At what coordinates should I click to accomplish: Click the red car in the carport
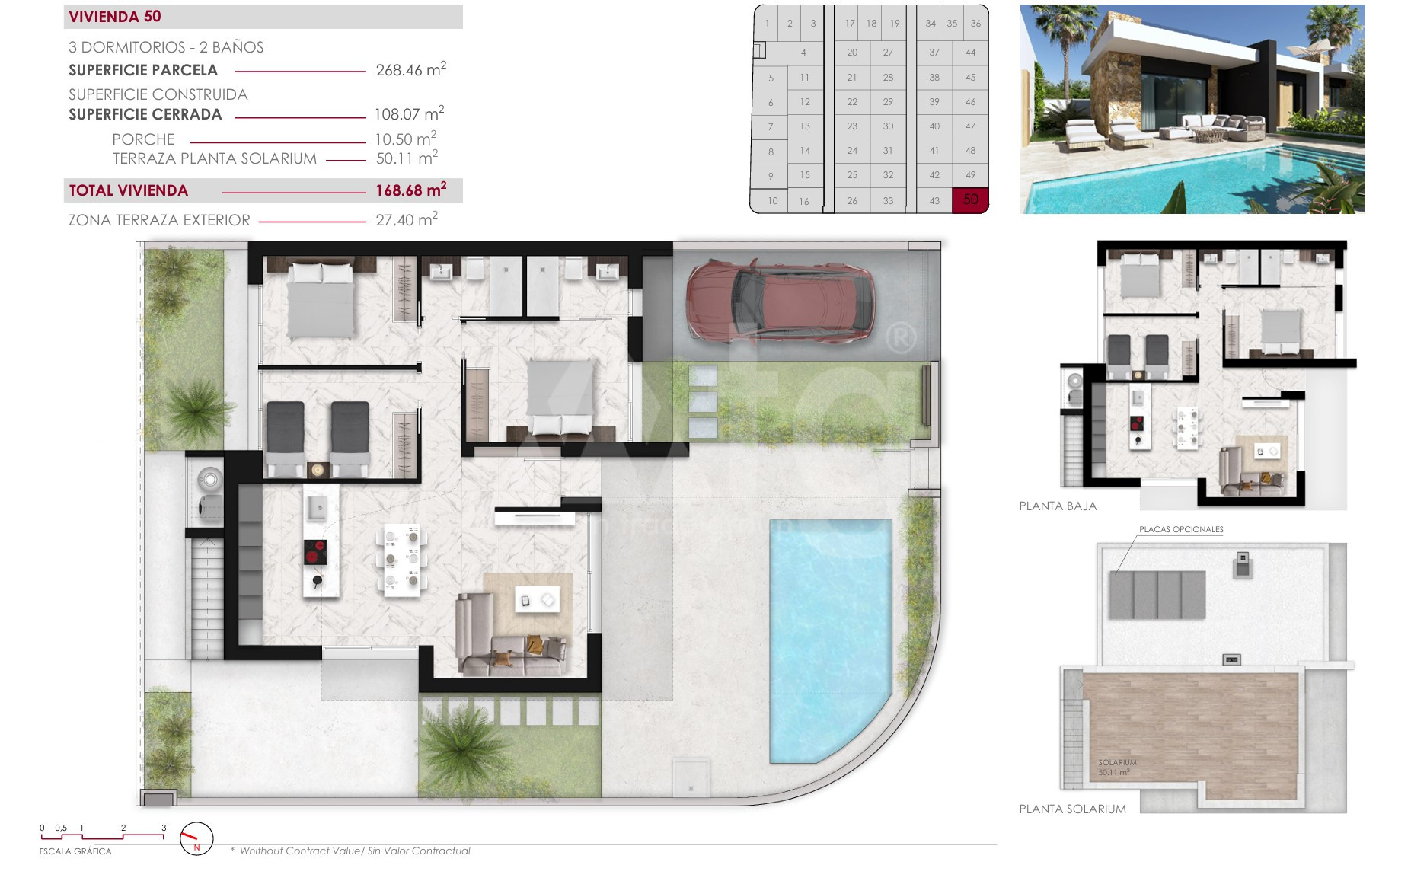[x=781, y=302]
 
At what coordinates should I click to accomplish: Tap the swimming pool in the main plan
[x=830, y=640]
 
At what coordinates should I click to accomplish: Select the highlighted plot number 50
[x=970, y=200]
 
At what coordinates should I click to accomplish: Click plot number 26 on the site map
[x=852, y=201]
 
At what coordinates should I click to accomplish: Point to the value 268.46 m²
[x=411, y=69]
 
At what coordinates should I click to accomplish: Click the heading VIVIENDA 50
[x=115, y=17]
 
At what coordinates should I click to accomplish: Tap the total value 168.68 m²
[x=411, y=190]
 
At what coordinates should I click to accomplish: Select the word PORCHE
[x=143, y=139]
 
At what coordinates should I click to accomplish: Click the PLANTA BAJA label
[x=1058, y=506]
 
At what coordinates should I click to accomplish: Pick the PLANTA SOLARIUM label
[x=1072, y=809]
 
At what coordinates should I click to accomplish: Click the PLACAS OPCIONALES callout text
[x=1181, y=529]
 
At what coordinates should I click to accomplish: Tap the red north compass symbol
[x=196, y=839]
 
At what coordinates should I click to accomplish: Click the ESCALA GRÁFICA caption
[x=75, y=851]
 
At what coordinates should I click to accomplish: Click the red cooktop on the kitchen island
[x=315, y=552]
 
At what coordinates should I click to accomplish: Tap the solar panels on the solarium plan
[x=1157, y=595]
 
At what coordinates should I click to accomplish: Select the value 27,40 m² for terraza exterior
[x=407, y=219]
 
